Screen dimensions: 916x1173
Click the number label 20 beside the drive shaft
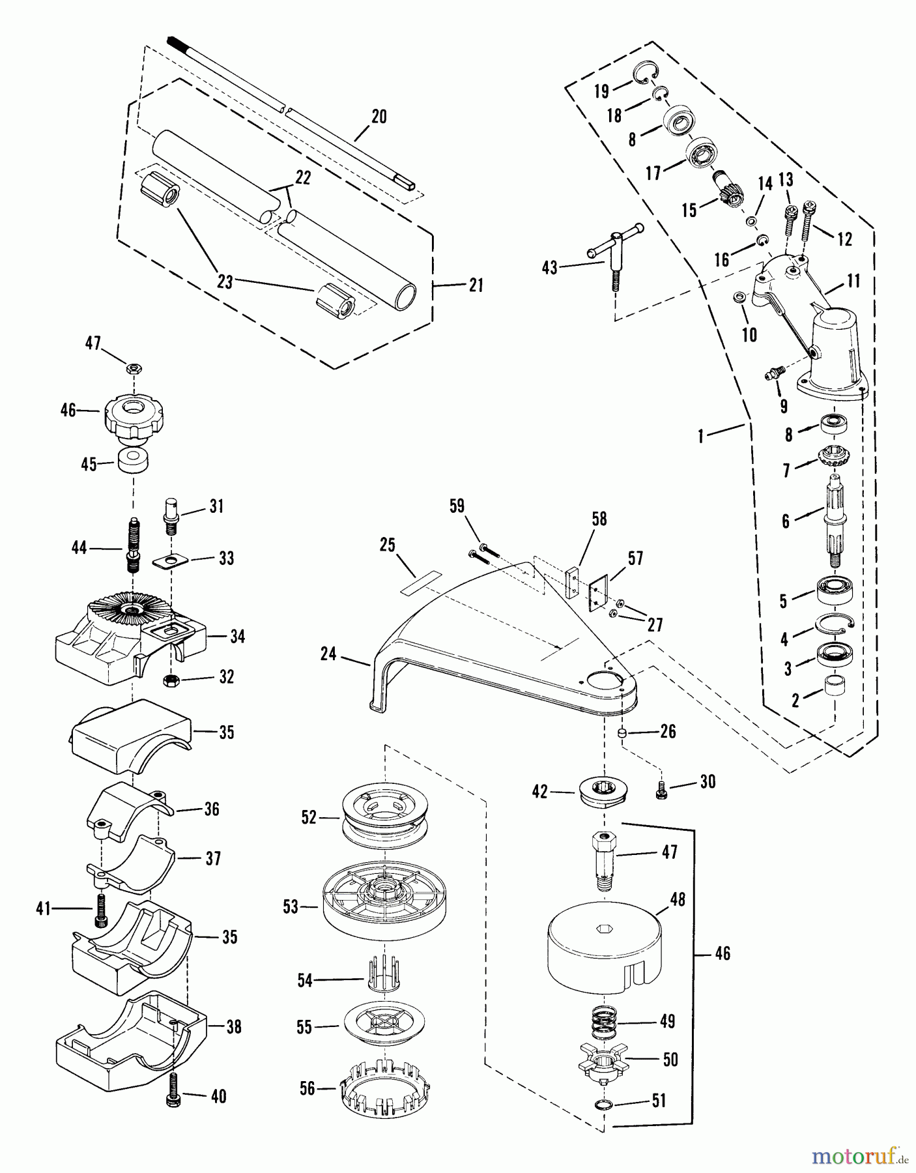pyautogui.click(x=379, y=117)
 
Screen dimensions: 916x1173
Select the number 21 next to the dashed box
pyautogui.click(x=476, y=285)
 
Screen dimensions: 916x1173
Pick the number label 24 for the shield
pyautogui.click(x=328, y=654)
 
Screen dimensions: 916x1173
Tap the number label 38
pyautogui.click(x=233, y=1027)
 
